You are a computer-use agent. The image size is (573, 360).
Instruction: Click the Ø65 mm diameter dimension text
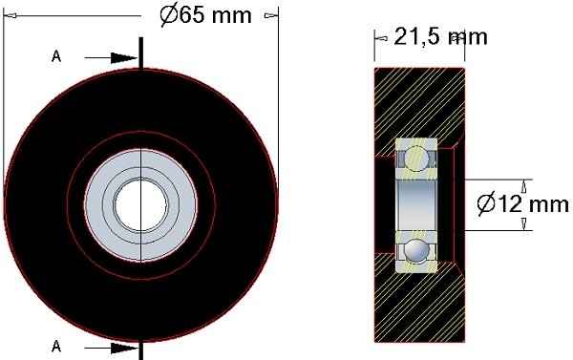[x=205, y=15]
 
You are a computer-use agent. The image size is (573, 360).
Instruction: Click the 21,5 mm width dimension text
[x=440, y=37]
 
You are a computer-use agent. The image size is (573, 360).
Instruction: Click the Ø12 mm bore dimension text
[x=522, y=204]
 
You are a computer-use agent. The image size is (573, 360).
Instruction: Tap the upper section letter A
[x=56, y=56]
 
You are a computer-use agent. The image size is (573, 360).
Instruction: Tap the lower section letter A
[x=56, y=346]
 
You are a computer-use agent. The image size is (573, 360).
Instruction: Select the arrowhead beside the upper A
[x=124, y=57]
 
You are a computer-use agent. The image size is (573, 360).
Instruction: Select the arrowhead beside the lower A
[x=124, y=348]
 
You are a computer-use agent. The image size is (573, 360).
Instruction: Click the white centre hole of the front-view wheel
[x=141, y=205]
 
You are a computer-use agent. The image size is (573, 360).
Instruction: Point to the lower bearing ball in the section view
[x=417, y=251]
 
